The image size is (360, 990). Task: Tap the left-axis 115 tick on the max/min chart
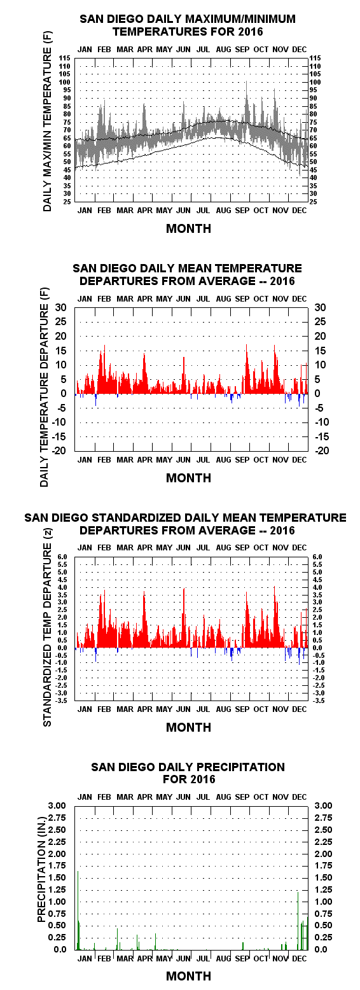pyautogui.click(x=65, y=58)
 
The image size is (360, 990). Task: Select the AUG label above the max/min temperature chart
pyautogui.click(x=223, y=50)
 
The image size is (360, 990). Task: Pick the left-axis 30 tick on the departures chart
pyautogui.click(x=60, y=307)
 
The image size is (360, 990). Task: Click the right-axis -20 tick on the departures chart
pyautogui.click(x=322, y=451)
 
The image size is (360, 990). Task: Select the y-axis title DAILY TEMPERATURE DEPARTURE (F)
pyautogui.click(x=44, y=387)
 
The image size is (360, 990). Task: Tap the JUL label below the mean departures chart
pyautogui.click(x=203, y=459)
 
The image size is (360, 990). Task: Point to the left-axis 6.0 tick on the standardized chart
pyautogui.click(x=62, y=557)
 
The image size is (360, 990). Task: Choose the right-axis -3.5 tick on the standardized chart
pyautogui.click(x=317, y=701)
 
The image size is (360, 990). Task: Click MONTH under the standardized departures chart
pyautogui.click(x=189, y=727)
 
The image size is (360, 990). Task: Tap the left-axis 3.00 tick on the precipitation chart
pyautogui.click(x=57, y=805)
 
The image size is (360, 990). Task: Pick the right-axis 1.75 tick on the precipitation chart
pyautogui.click(x=323, y=866)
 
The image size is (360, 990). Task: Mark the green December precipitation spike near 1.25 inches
pyautogui.click(x=298, y=921)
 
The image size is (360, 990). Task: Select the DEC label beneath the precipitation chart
pyautogui.click(x=299, y=958)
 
